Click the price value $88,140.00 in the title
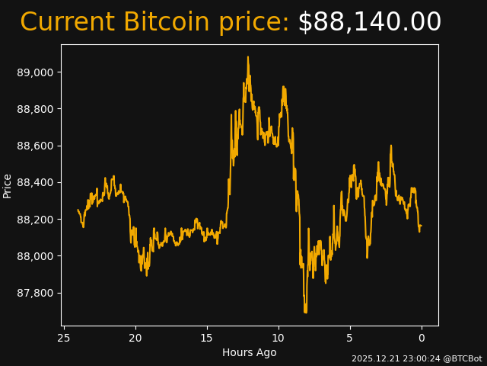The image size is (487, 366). click(x=369, y=23)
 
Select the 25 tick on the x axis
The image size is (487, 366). click(x=64, y=338)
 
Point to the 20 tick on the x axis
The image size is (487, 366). click(x=135, y=338)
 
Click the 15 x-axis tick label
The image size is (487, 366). click(x=207, y=338)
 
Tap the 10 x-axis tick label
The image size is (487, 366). click(x=279, y=338)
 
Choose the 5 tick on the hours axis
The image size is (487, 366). click(x=350, y=338)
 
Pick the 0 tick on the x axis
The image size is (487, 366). click(x=422, y=338)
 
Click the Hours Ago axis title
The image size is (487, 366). click(x=250, y=352)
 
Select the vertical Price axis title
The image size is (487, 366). click(x=8, y=185)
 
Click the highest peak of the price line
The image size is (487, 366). click(x=247, y=56)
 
